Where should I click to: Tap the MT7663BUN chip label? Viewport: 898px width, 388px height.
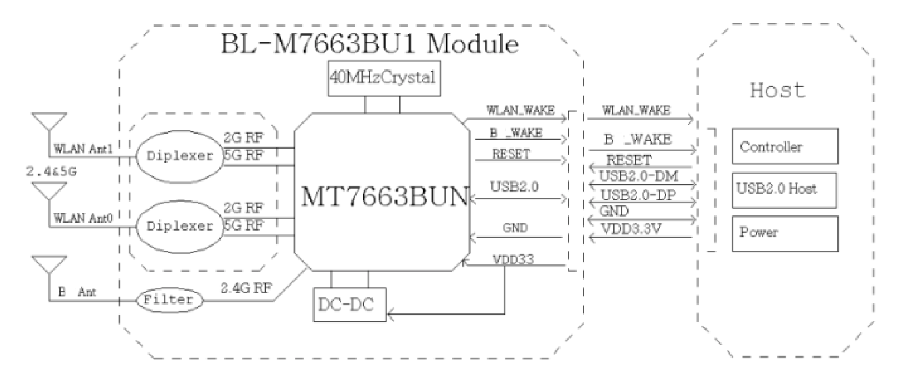pos(385,196)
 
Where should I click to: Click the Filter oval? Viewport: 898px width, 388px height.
pos(168,300)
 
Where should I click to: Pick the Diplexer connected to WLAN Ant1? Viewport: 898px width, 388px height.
pos(179,156)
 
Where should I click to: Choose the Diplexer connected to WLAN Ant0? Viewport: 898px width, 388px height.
pos(179,226)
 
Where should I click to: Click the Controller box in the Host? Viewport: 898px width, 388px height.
pos(784,146)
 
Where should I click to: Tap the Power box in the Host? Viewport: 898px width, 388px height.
pos(784,233)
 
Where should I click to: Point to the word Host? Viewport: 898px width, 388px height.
pos(777,91)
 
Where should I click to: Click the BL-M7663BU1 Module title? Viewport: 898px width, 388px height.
pos(369,44)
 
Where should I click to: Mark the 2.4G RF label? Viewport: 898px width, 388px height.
pos(246,288)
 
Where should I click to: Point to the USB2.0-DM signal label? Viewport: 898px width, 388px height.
pos(638,176)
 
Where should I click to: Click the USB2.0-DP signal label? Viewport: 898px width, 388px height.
pos(638,195)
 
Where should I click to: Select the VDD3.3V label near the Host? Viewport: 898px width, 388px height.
pos(631,228)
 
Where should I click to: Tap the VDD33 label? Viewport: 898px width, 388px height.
pos(513,259)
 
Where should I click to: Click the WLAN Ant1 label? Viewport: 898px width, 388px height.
pos(83,149)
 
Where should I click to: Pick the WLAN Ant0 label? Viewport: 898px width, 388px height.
pos(83,219)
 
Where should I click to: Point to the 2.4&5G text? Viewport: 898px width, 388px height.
pos(51,171)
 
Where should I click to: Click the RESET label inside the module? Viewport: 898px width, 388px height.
pos(511,154)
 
